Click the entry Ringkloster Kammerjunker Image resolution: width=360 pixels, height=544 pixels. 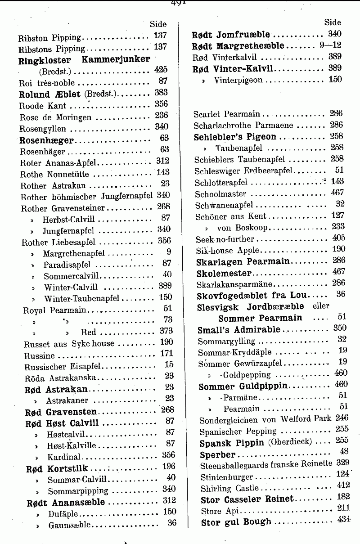click(84, 59)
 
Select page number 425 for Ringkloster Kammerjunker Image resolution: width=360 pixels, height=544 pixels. click(160, 70)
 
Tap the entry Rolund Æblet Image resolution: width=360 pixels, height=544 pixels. click(49, 94)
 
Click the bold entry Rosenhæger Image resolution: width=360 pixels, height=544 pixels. click(46, 140)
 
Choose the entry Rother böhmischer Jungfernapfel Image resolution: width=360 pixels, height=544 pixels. click(88, 196)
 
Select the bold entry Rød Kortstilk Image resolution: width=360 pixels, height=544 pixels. click(57, 468)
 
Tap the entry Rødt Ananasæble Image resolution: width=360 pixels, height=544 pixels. click(66, 502)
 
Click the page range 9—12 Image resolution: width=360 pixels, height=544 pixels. click(330, 45)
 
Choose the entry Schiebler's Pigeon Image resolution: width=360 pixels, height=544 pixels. click(235, 136)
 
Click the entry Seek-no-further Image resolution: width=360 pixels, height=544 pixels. click(225, 238)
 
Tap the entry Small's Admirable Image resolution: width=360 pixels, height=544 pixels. click(238, 330)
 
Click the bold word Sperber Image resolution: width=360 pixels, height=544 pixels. click(217, 454)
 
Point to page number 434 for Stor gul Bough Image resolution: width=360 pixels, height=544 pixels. click(343, 520)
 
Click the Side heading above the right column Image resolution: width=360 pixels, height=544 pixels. click(333, 22)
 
